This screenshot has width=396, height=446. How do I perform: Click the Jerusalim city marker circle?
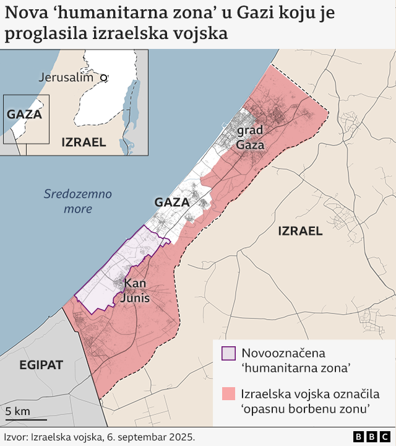(104, 78)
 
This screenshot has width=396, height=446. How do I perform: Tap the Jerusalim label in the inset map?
(66, 77)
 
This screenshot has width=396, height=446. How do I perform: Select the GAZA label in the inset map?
(24, 115)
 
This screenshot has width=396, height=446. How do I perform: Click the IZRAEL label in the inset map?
(84, 142)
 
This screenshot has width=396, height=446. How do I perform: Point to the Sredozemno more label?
(78, 201)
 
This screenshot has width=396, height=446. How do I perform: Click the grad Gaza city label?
(250, 138)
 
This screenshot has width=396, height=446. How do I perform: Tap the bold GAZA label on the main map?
(172, 203)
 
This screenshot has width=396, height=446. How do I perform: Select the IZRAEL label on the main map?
(300, 232)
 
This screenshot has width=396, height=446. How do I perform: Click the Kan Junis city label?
(135, 291)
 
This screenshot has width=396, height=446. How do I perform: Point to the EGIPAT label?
(41, 365)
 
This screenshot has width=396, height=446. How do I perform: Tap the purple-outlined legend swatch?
(228, 353)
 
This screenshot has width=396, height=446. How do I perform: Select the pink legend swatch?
(228, 394)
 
